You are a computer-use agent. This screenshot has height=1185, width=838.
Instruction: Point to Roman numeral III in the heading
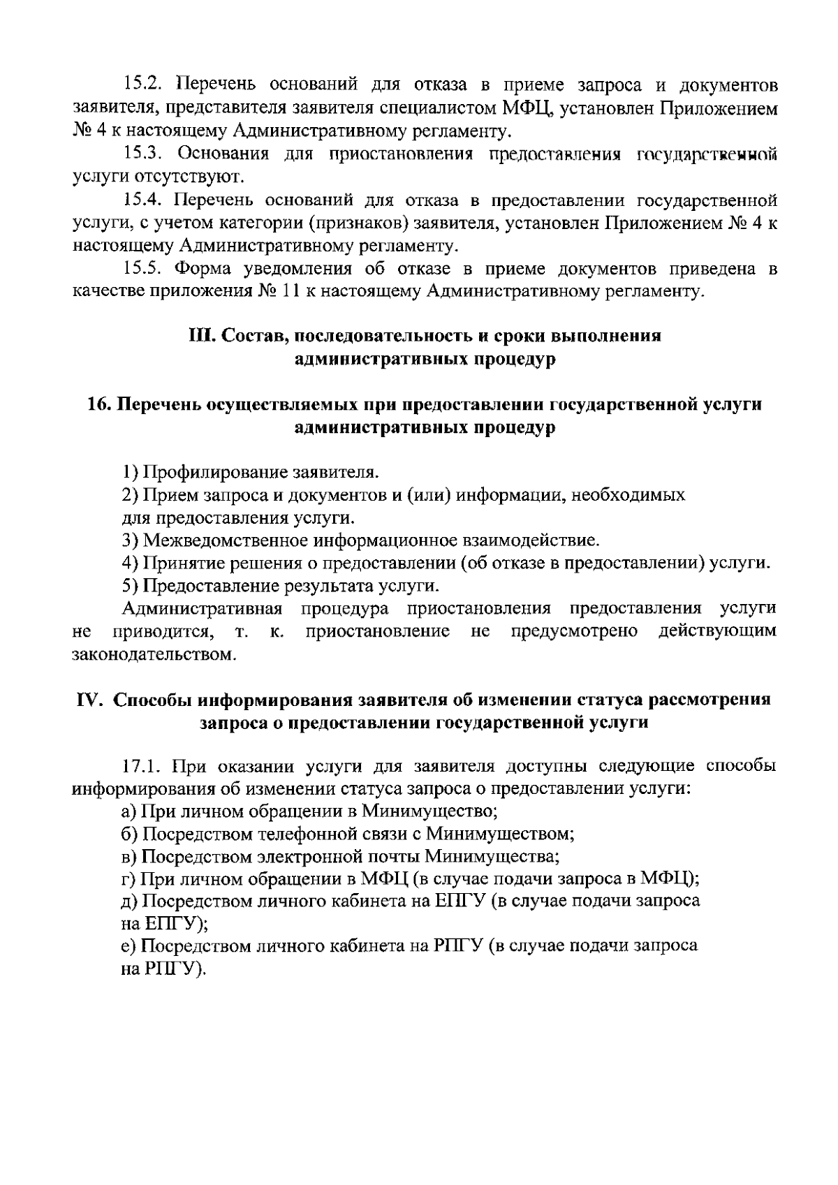(202, 336)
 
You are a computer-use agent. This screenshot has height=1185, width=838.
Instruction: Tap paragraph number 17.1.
(142, 766)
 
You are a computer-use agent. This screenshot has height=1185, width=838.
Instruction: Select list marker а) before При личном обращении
(129, 811)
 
